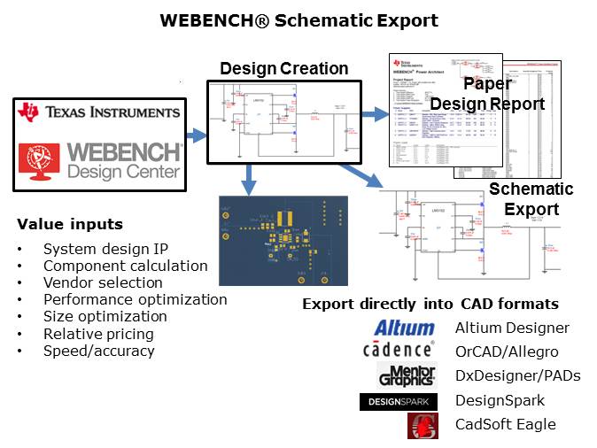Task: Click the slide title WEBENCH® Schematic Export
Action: click(298, 20)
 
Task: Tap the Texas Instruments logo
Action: click(99, 112)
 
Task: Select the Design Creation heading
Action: click(283, 68)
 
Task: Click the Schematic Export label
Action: click(531, 199)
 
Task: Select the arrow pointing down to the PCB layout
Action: click(249, 181)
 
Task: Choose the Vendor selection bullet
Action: click(103, 282)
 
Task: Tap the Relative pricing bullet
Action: click(98, 334)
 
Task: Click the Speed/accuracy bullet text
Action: click(98, 351)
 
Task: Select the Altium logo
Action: click(404, 328)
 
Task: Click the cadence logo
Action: click(399, 350)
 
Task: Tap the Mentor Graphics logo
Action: click(407, 375)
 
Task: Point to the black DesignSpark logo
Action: click(399, 401)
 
